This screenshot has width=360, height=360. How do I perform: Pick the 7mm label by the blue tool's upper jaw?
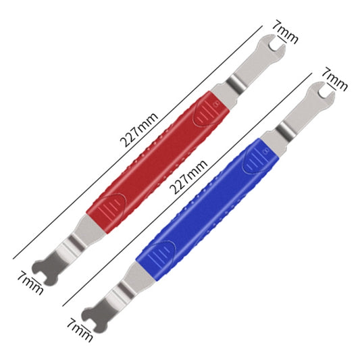click(334, 79)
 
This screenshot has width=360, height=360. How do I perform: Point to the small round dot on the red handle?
click(215, 104)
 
